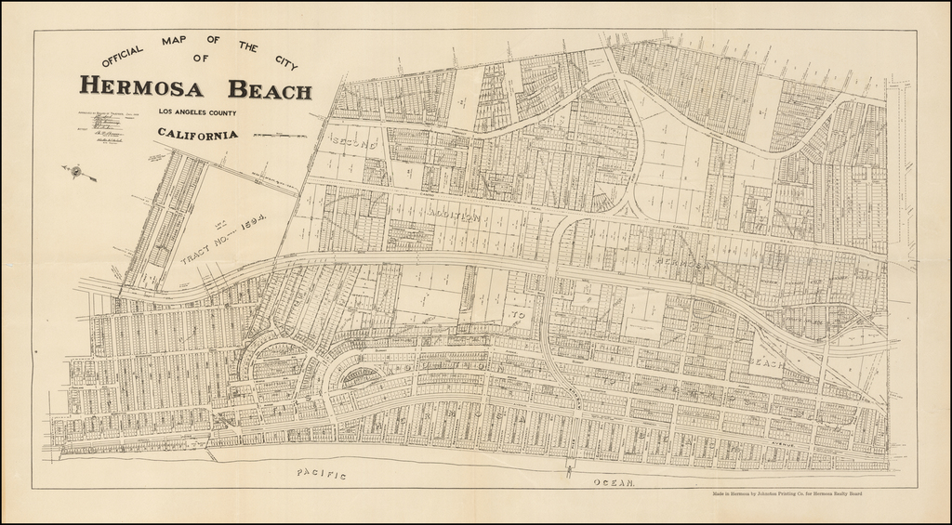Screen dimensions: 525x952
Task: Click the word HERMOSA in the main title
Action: tap(150, 87)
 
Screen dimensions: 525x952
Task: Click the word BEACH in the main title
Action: tap(271, 90)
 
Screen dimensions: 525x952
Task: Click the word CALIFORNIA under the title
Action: tap(197, 134)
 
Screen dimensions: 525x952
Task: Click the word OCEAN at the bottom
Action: tap(612, 482)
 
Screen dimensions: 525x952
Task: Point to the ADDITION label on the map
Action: tap(454, 216)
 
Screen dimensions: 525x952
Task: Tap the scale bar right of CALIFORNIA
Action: tap(279, 136)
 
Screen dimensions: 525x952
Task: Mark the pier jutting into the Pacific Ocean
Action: tap(569, 469)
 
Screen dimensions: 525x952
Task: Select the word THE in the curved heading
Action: tap(248, 46)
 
